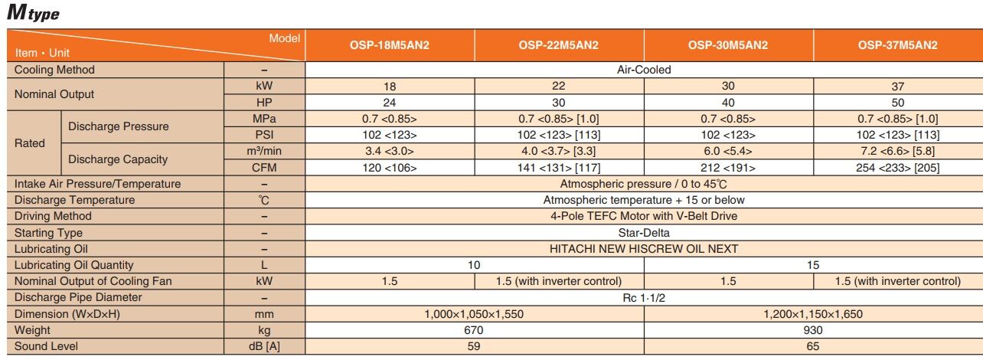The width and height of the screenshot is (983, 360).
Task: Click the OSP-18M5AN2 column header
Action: point(390,45)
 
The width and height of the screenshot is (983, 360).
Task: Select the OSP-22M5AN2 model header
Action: point(559,45)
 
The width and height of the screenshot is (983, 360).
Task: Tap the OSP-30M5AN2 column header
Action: point(728,45)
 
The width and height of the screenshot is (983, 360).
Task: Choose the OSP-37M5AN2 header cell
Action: point(897,45)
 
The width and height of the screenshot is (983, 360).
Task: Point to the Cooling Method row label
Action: point(55,70)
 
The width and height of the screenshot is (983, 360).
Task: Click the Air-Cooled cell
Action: point(644,70)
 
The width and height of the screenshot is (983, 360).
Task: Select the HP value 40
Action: point(728,103)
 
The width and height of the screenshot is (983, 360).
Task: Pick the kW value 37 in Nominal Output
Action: point(897,87)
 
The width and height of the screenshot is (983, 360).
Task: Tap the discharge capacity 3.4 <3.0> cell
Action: point(390,152)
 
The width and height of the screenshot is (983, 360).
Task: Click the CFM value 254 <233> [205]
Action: point(897,168)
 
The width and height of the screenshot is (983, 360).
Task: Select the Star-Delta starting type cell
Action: point(644,233)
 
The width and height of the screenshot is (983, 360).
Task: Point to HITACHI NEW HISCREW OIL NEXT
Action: point(644,249)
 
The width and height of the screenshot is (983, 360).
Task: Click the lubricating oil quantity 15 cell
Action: point(813,265)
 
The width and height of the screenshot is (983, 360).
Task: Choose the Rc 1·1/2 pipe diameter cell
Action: point(644,297)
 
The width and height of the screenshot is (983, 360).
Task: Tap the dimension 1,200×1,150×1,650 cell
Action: point(813,314)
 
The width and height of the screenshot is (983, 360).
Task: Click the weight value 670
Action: point(475,330)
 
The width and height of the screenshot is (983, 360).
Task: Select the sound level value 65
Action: point(813,346)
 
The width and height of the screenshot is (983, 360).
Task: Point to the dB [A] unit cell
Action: point(264,346)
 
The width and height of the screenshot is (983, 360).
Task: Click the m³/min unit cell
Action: point(264,152)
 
